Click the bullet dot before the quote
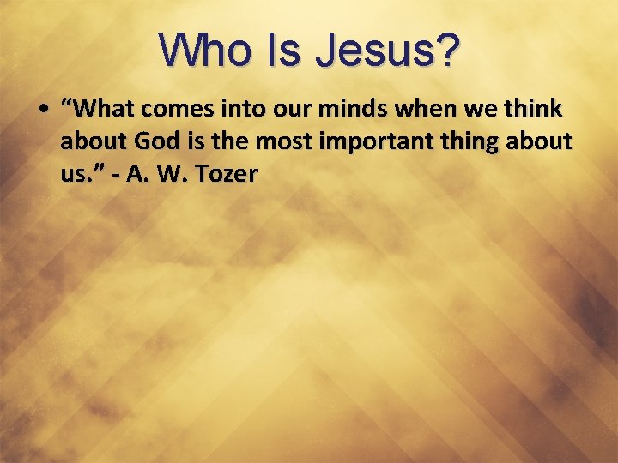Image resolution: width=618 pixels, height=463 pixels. (x=43, y=110)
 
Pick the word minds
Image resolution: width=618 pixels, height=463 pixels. (x=361, y=110)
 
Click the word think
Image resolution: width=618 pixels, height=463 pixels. (x=532, y=110)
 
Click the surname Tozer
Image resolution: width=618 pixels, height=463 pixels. (x=226, y=174)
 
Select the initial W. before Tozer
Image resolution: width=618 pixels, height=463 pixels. (x=171, y=174)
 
